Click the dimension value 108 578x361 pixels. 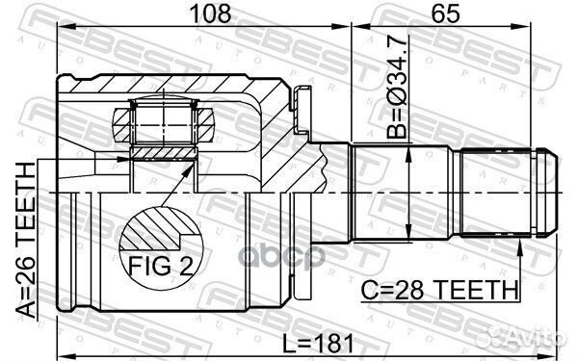[x=211, y=13]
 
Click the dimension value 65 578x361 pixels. [x=445, y=13]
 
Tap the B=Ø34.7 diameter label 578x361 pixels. [x=397, y=88]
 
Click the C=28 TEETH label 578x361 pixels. [x=439, y=290]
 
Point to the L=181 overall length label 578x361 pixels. [x=318, y=344]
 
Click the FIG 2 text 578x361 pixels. [x=161, y=266]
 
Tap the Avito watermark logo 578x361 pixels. [x=526, y=337]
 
